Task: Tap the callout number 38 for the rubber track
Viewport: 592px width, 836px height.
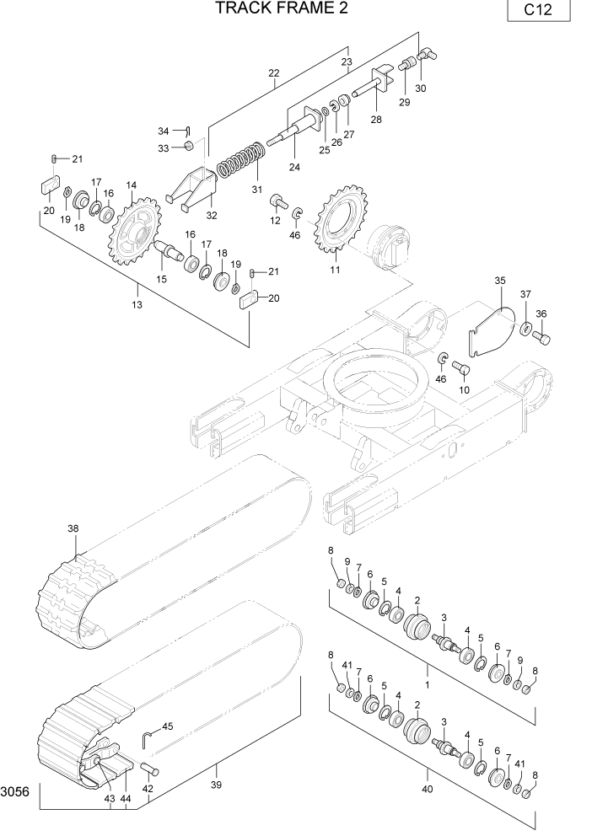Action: click(x=73, y=528)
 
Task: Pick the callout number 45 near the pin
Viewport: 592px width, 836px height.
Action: click(x=167, y=726)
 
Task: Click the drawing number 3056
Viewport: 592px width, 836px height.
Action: click(x=15, y=792)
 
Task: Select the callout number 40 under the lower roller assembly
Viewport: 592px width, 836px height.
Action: click(x=427, y=790)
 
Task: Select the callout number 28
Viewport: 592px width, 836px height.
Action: click(x=375, y=120)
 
